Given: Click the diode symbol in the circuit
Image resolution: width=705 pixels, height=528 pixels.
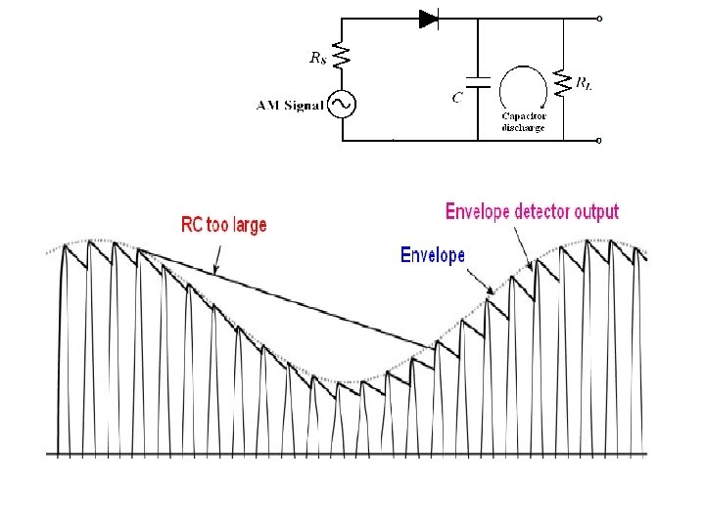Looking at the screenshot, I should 428,18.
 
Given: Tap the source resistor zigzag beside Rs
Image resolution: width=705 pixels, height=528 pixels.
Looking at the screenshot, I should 341,56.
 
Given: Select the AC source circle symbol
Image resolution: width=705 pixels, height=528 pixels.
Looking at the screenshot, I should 341,104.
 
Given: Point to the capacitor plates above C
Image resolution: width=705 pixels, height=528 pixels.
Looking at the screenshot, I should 477,80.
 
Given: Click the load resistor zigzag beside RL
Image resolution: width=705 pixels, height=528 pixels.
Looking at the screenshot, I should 564,81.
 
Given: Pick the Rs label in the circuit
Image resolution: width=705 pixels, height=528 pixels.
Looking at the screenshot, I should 317,58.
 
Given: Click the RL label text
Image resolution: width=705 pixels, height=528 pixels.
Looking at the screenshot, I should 585,85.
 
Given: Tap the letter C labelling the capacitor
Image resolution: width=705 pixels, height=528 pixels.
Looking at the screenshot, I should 457,98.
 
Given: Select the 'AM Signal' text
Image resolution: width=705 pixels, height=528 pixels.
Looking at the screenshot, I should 290,106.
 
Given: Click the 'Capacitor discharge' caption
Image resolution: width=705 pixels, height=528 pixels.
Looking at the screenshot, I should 524,121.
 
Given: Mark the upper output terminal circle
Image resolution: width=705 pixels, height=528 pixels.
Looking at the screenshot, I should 599,18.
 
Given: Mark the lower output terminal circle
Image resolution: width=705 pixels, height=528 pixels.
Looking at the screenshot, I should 599,140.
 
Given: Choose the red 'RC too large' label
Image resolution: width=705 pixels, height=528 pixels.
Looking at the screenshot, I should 223,225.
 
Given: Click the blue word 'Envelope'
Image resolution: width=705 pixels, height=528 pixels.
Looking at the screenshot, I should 432,255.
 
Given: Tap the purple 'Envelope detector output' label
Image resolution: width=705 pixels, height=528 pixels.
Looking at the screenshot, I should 532,211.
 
